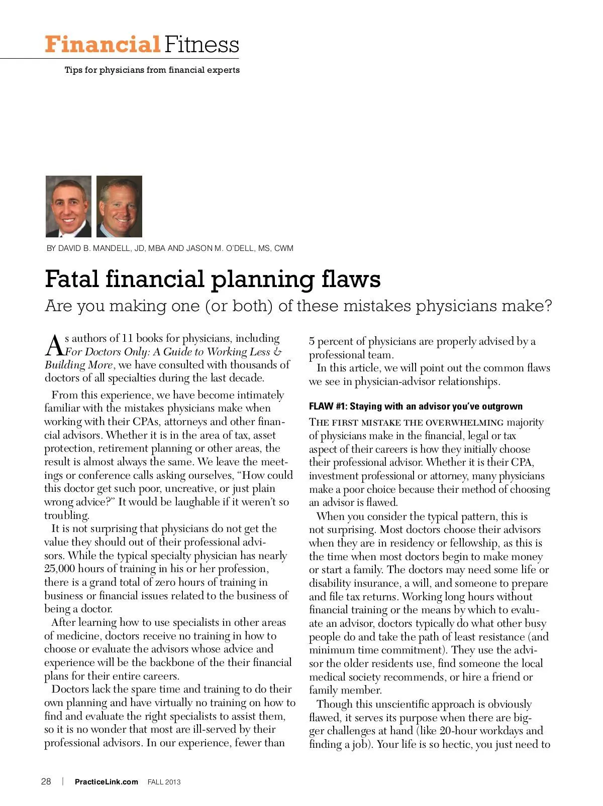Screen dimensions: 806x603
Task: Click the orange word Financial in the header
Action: (102, 44)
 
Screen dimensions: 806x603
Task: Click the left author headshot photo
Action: (68, 206)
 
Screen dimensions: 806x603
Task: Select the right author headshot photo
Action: (119, 206)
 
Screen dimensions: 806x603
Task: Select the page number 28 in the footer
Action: (46, 781)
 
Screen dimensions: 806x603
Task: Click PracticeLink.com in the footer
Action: (106, 782)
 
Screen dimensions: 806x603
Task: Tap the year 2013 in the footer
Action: (172, 782)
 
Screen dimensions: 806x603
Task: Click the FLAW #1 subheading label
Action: (327, 407)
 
